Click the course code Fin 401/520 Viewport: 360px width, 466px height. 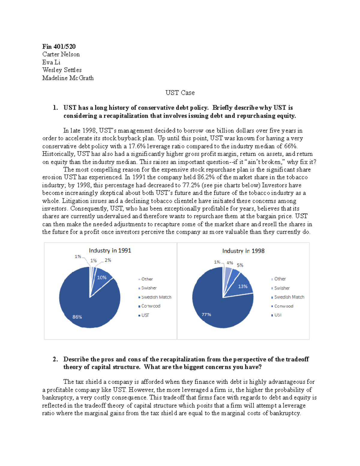click(59, 47)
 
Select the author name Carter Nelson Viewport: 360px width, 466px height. click(61, 54)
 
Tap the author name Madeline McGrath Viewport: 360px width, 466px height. click(68, 78)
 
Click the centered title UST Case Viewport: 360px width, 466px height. click(180, 93)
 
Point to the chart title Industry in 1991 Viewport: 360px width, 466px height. click(110, 251)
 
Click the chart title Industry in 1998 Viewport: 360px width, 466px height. click(243, 251)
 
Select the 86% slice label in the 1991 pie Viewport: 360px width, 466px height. click(77, 317)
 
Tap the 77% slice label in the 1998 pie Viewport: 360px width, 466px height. click(206, 314)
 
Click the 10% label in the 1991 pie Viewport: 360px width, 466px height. click(102, 278)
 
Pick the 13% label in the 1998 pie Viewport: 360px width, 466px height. click(243, 287)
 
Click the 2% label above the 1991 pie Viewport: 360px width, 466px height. click(108, 260)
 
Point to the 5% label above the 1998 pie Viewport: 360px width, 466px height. click(240, 265)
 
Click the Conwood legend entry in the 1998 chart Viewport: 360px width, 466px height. click(283, 306)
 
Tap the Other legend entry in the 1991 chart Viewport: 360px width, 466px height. click(147, 279)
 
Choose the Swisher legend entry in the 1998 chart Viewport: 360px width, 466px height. click(282, 288)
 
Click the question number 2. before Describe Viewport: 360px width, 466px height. click(55, 359)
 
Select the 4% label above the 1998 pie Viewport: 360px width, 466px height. click(230, 263)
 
